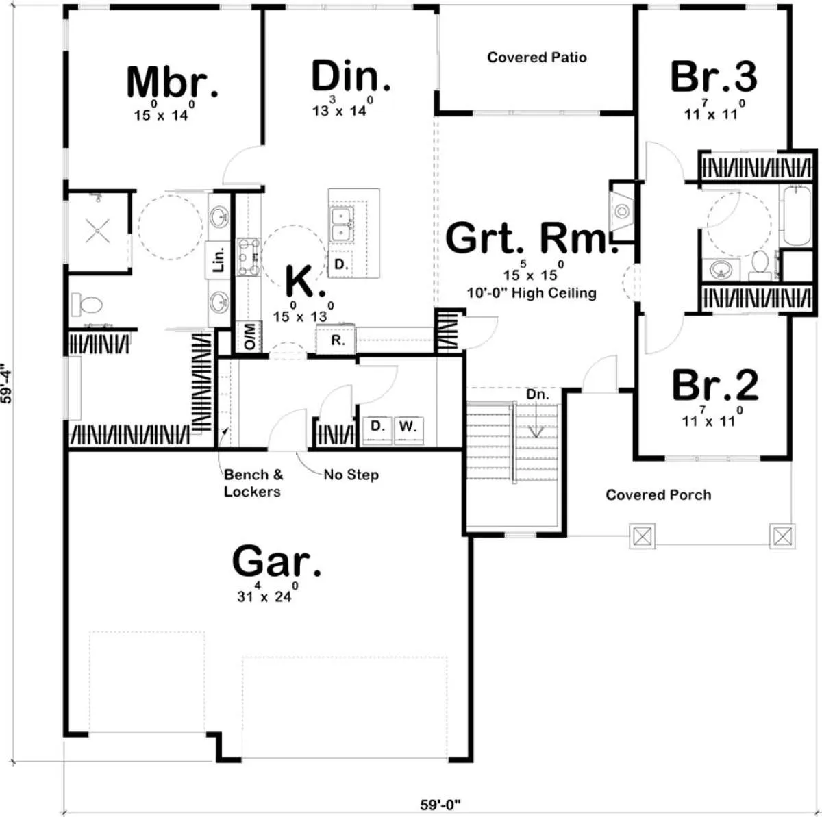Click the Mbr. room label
coord(173,82)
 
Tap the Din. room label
coord(351,76)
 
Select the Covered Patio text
coord(536,57)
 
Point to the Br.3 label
coord(714,77)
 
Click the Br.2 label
coord(715,386)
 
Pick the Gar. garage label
coord(277,561)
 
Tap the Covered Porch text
coord(658,494)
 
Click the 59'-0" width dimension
coord(440,805)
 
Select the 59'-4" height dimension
coord(6,383)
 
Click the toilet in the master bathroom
coord(87,305)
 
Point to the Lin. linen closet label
coord(218,260)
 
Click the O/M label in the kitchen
coord(249,337)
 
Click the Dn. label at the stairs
coord(538,394)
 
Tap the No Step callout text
coord(351,475)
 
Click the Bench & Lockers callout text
coord(253,483)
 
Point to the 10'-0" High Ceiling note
coord(532,293)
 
